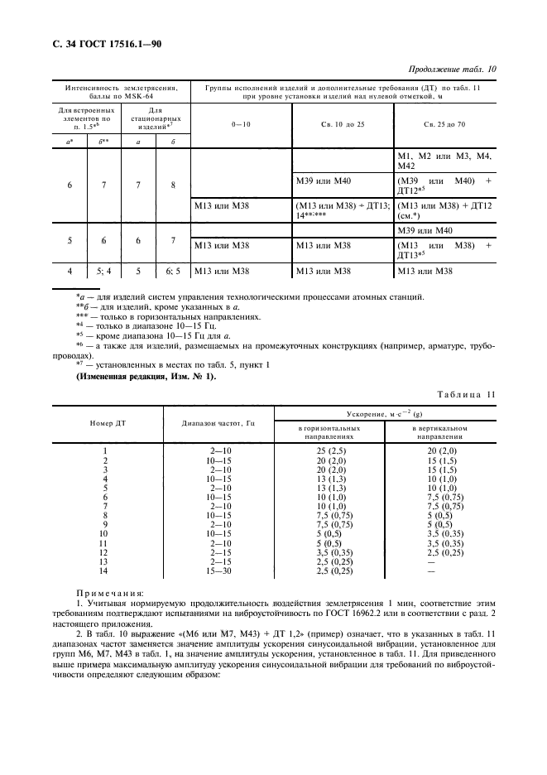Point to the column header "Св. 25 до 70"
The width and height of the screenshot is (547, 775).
tap(443, 125)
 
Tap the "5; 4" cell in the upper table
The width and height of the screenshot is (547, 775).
tap(104, 271)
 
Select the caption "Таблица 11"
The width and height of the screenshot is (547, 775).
tap(466, 395)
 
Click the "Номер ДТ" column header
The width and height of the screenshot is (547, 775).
tap(108, 422)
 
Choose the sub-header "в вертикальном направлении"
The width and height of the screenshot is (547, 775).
tap(441, 431)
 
